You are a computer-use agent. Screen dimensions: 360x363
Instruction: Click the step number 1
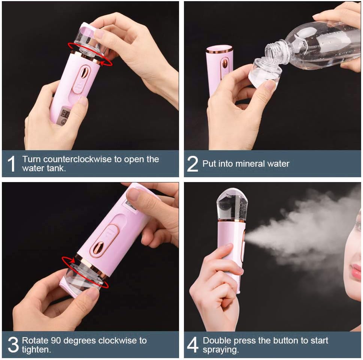[x=12, y=164]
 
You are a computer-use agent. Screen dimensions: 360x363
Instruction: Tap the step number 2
[x=192, y=164]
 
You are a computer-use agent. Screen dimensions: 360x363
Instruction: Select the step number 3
[x=13, y=345]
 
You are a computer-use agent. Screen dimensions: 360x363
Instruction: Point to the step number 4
[x=193, y=345]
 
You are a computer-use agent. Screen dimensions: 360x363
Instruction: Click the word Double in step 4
[x=216, y=341]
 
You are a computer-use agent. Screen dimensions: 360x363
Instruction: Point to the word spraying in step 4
[x=220, y=350]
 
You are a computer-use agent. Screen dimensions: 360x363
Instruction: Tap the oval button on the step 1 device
[x=84, y=73]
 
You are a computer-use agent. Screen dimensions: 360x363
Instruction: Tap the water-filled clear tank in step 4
[x=232, y=204]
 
